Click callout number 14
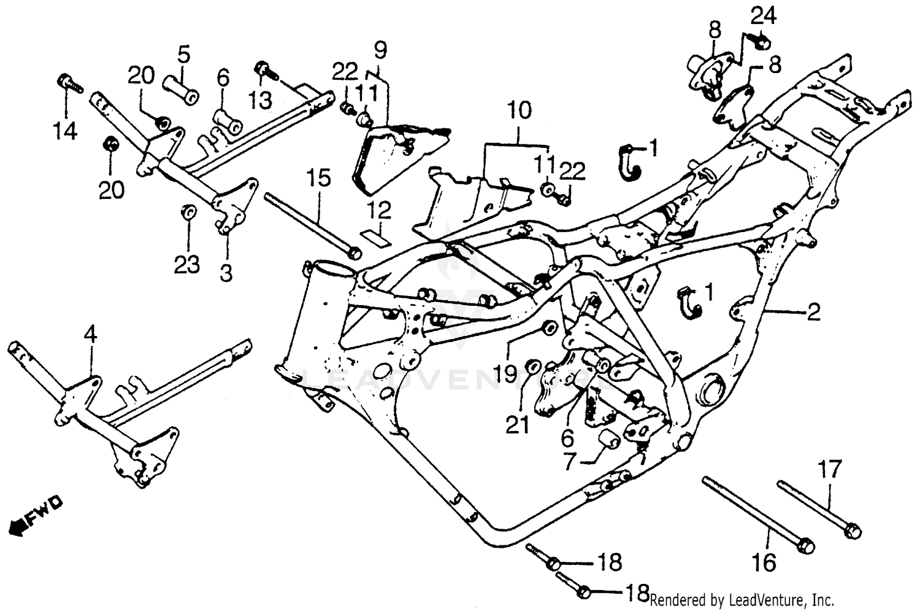click(65, 131)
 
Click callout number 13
click(261, 98)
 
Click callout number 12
click(380, 211)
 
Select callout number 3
click(226, 272)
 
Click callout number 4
click(90, 335)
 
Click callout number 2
click(813, 313)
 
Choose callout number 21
click(517, 424)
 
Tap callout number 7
click(570, 461)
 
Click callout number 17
click(830, 470)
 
